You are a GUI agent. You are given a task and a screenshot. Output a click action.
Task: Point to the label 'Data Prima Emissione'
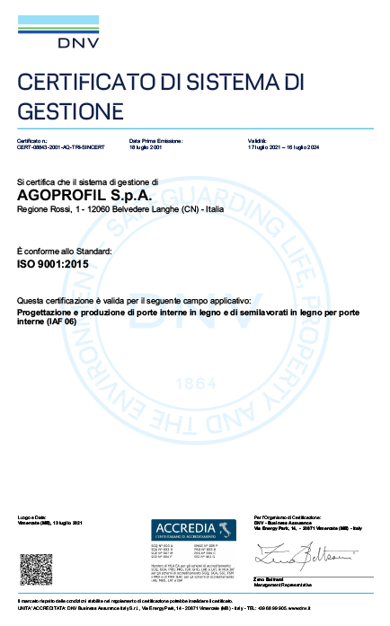pos(156,141)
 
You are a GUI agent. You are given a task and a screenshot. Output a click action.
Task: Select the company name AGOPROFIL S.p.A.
pos(73,194)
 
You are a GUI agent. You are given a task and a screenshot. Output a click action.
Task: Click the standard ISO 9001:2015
pos(55,266)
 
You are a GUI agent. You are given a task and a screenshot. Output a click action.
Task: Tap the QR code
pos(37,569)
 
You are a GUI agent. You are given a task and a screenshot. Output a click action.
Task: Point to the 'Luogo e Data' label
pos(31,517)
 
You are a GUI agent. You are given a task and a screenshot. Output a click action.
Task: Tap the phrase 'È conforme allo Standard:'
pos(64,251)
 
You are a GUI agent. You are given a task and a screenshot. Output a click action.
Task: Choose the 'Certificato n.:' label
pos(31,141)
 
